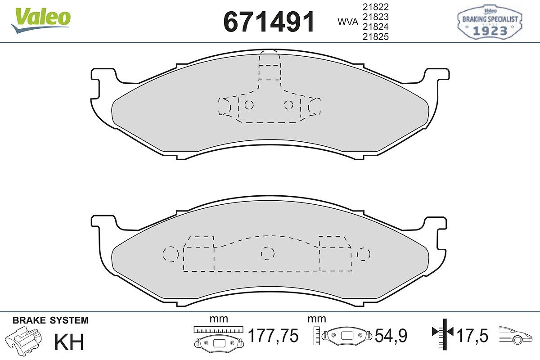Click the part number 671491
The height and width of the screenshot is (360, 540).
pyautogui.click(x=269, y=22)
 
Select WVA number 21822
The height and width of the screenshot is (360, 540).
pyautogui.click(x=376, y=7)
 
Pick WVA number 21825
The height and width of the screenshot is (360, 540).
pyautogui.click(x=376, y=36)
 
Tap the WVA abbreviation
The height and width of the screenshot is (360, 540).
pyautogui.click(x=348, y=22)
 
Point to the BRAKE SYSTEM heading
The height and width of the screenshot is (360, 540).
pyautogui.click(x=50, y=320)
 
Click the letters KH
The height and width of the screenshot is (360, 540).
pyautogui.click(x=69, y=342)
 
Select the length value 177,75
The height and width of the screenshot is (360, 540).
pyautogui.click(x=273, y=336)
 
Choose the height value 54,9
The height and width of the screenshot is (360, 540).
pyautogui.click(x=391, y=336)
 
